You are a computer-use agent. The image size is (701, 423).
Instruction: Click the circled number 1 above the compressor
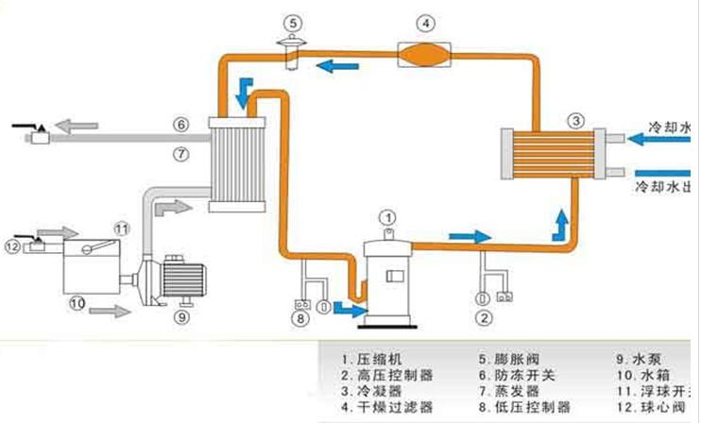click(x=387, y=218)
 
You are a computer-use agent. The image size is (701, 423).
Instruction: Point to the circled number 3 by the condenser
click(x=574, y=121)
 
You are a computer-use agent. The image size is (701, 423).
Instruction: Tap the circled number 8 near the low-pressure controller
click(x=300, y=319)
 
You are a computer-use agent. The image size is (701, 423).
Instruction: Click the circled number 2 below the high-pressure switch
click(x=484, y=317)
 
